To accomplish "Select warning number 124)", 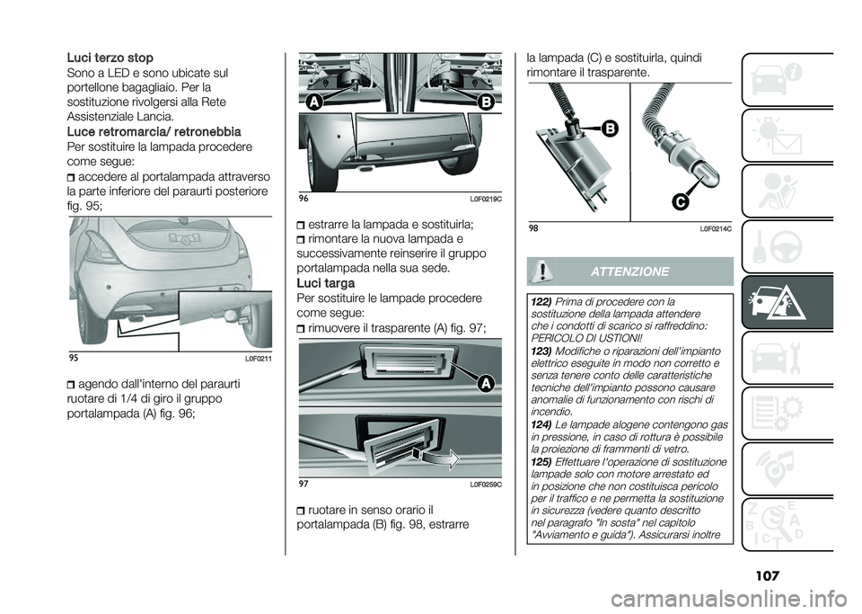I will [540, 423].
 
